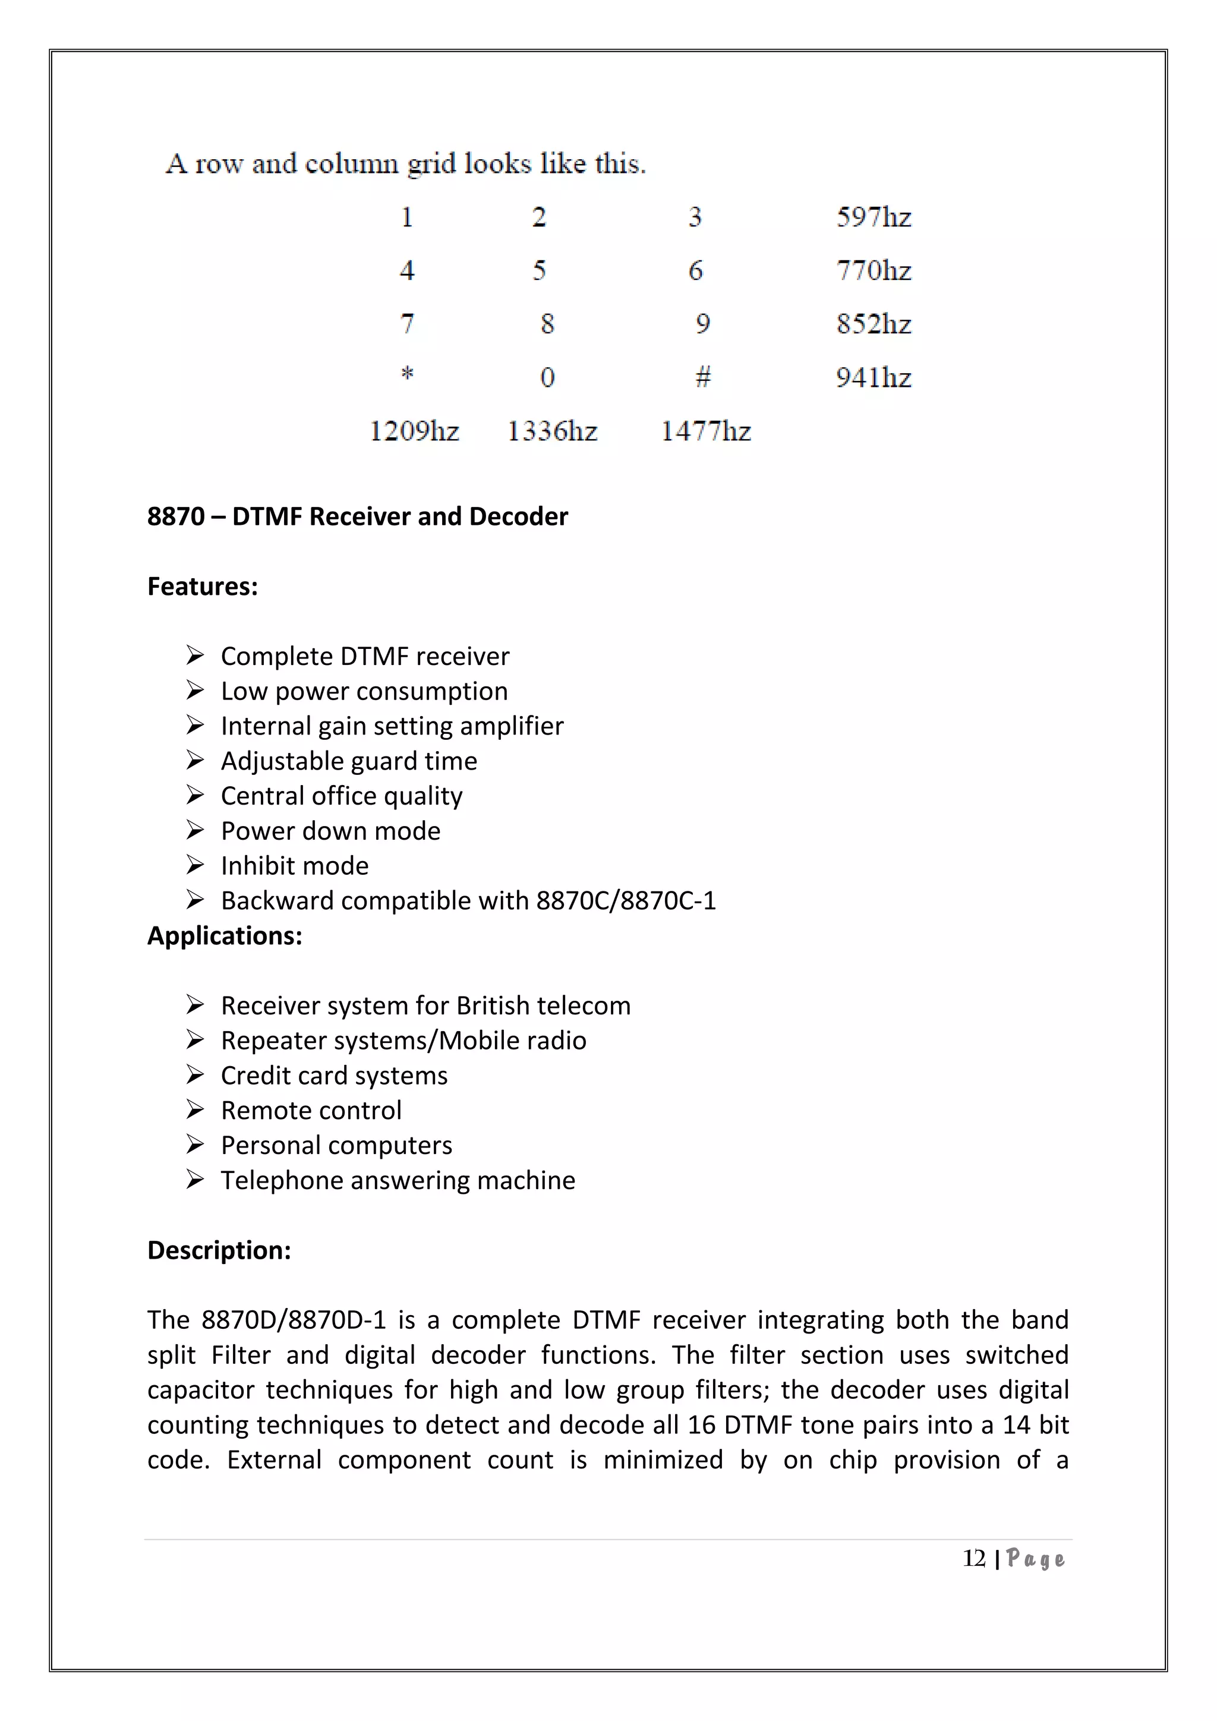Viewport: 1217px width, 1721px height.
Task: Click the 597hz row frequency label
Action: click(x=873, y=218)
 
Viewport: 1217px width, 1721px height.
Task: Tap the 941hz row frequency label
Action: click(x=873, y=377)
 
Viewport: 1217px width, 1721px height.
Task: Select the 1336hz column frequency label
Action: click(x=552, y=431)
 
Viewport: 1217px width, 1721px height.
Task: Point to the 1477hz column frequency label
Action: click(x=705, y=431)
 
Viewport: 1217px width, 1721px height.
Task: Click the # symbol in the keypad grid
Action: click(x=702, y=376)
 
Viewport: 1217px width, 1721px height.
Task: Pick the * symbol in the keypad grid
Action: click(x=407, y=373)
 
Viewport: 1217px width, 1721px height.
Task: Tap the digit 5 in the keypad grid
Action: click(x=539, y=270)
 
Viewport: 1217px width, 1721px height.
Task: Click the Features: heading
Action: click(x=202, y=586)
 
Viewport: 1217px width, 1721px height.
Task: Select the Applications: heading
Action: click(x=224, y=935)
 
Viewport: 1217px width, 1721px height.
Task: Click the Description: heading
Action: click(x=219, y=1250)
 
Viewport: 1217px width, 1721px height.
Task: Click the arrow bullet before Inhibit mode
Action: click(x=195, y=866)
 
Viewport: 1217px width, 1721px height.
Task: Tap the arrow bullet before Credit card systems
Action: click(x=195, y=1076)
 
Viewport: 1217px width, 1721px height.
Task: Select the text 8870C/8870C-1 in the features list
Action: click(x=626, y=900)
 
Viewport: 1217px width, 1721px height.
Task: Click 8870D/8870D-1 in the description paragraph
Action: click(x=294, y=1320)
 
